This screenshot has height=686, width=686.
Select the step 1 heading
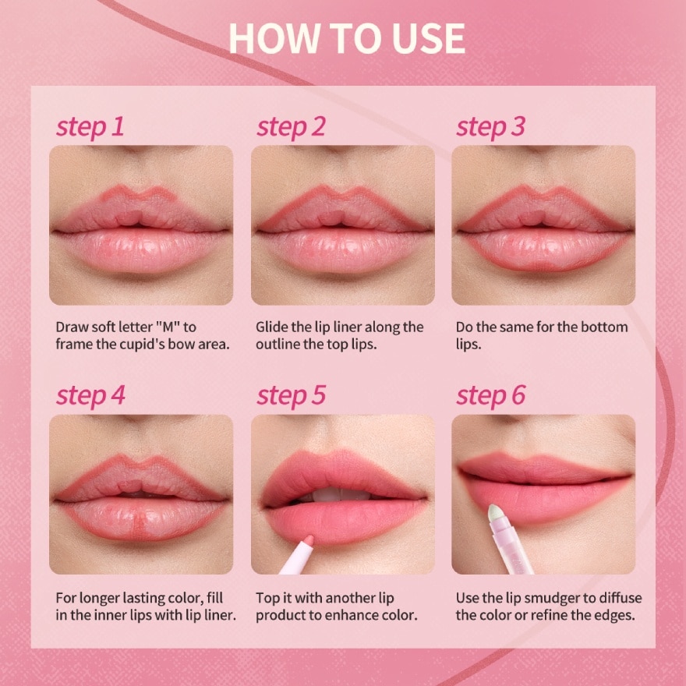click(90, 126)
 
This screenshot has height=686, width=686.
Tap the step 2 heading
click(291, 126)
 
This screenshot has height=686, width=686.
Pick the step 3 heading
click(491, 126)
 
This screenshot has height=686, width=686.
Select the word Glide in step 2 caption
click(273, 327)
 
